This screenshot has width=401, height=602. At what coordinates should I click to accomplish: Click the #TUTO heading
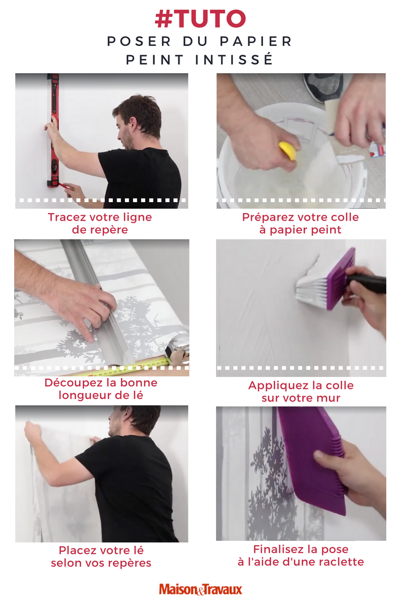[x=200, y=19]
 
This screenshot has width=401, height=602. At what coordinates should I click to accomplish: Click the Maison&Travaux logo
[x=200, y=589]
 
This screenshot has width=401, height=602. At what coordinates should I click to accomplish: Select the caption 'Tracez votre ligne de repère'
[x=100, y=223]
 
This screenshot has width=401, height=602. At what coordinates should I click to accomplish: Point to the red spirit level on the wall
[x=53, y=131]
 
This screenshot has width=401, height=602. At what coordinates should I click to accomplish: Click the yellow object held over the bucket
[x=288, y=151]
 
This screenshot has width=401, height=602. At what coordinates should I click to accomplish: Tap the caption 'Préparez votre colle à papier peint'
[x=301, y=223]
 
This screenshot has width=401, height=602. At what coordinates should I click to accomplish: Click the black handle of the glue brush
[x=368, y=284]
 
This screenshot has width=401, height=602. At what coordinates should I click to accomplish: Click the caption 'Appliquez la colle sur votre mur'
[x=301, y=391]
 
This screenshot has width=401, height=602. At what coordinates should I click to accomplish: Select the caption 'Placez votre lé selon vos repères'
[x=101, y=556]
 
